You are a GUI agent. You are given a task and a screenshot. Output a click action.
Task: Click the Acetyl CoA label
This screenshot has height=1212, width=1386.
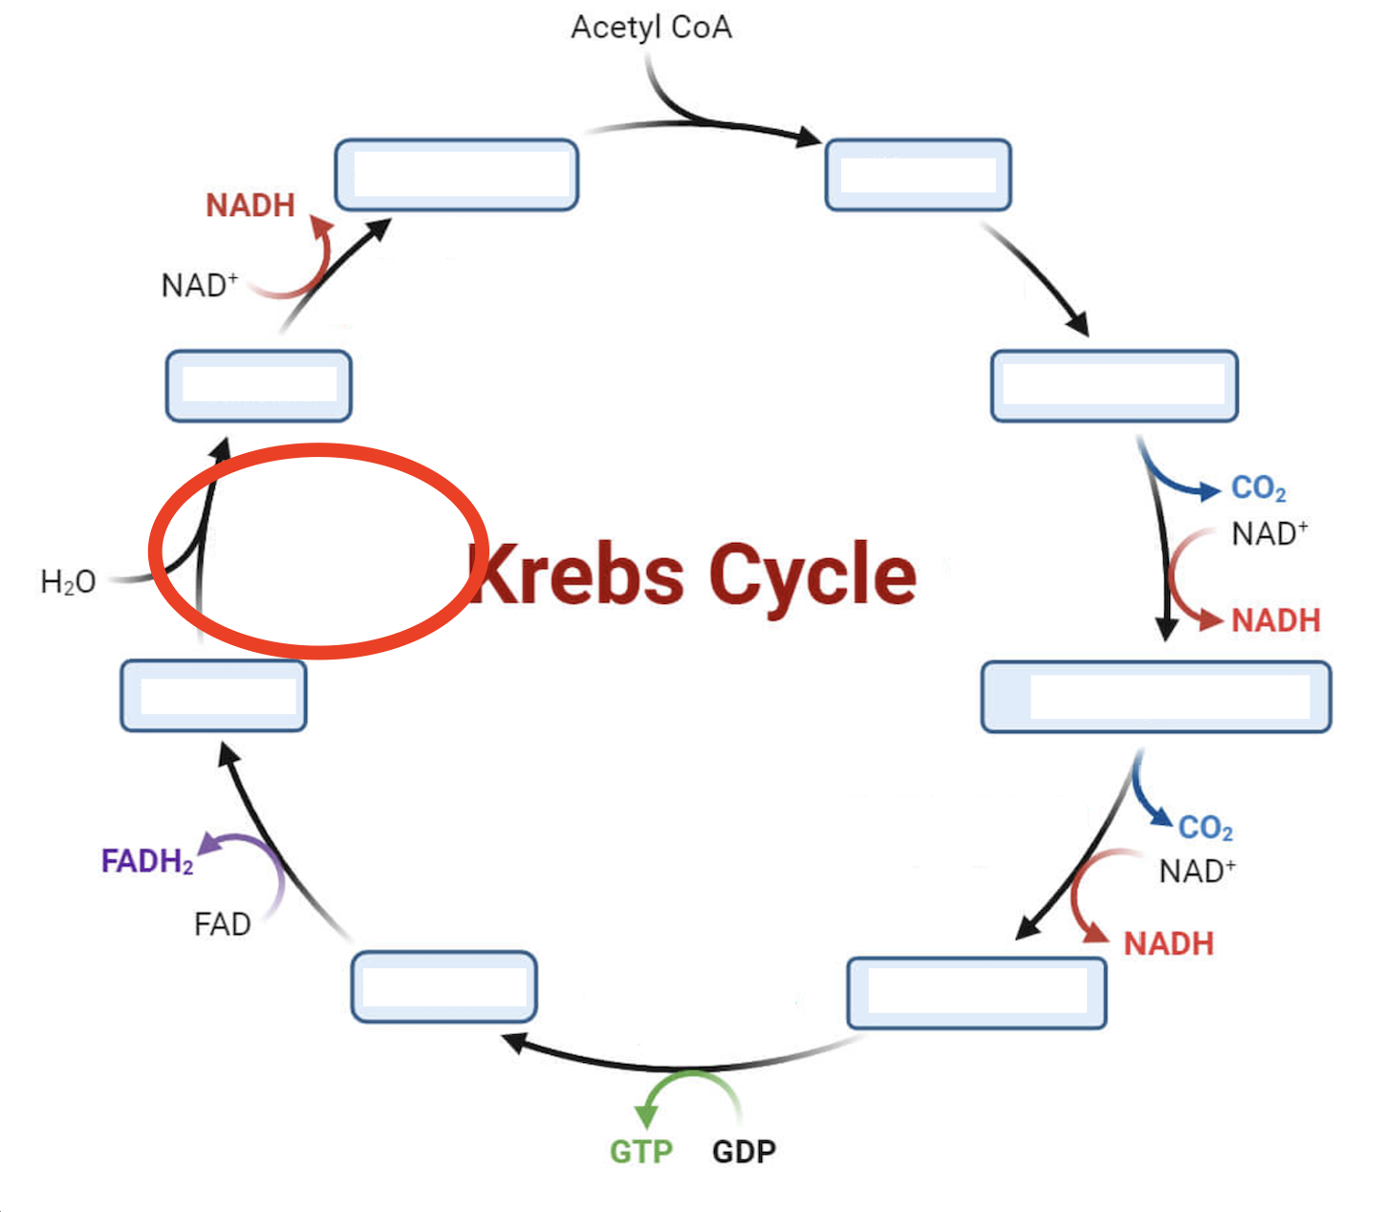(651, 28)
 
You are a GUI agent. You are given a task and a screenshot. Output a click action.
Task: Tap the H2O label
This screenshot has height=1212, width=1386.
(68, 581)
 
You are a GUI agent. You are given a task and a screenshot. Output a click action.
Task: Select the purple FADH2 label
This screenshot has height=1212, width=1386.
(147, 861)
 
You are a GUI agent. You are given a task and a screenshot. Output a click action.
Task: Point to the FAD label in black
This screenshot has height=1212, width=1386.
(222, 924)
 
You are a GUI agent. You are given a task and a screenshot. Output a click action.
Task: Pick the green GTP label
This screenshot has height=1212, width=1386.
(641, 1152)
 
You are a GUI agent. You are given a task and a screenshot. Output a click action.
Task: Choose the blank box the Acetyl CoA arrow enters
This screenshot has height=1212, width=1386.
(918, 175)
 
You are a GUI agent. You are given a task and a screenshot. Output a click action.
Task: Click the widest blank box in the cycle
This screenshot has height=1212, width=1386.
(1156, 697)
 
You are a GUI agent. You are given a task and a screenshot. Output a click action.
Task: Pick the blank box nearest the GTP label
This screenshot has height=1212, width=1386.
(444, 986)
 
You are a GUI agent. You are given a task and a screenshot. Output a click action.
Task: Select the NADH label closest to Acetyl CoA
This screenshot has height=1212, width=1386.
(250, 206)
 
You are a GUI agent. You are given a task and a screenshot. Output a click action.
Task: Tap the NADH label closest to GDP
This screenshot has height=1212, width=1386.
(1168, 944)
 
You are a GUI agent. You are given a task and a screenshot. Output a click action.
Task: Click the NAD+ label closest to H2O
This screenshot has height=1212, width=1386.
(199, 285)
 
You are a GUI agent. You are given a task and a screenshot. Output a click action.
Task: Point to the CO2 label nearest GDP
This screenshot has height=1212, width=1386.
(1204, 828)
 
